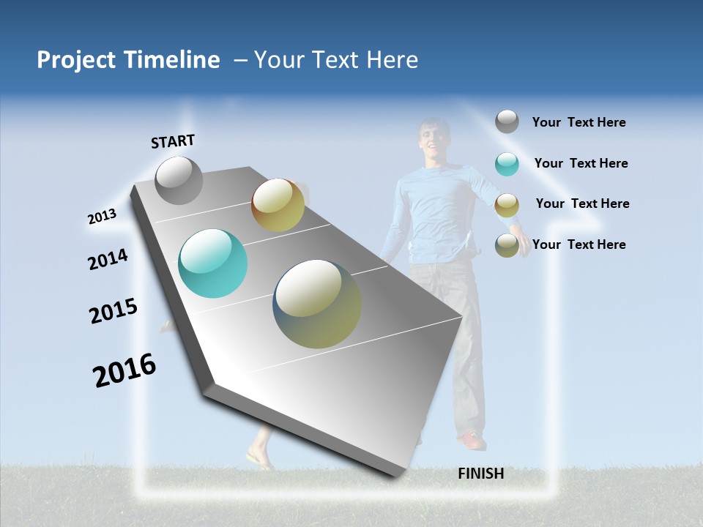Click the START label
coord(173,141)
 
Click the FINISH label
coord(480,474)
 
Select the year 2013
coord(102,217)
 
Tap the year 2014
coord(108,259)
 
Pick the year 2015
coord(113,311)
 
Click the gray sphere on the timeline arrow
coord(179,180)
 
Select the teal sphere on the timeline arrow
coord(213,263)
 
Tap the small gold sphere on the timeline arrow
coord(278,205)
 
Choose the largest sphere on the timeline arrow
coord(317,304)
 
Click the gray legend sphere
coord(507,122)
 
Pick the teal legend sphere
coord(507,164)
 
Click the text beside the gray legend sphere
coord(579,122)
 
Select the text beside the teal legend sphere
coord(581,163)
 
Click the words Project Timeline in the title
coord(128,60)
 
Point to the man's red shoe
coord(472,440)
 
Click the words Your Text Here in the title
coord(336,60)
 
